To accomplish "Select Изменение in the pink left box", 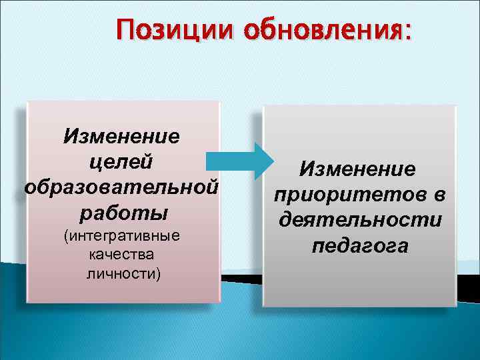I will click(121, 136).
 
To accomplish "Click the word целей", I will click(121, 161).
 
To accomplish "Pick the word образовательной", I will click(121, 187).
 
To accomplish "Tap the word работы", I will click(121, 213).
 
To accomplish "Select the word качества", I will click(121, 255).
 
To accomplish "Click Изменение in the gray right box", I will click(358, 169).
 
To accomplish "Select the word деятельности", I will click(360, 220).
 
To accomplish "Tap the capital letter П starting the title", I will click(125, 31).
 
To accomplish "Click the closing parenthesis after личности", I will click(158, 274).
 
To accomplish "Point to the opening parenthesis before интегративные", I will click(65, 237).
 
